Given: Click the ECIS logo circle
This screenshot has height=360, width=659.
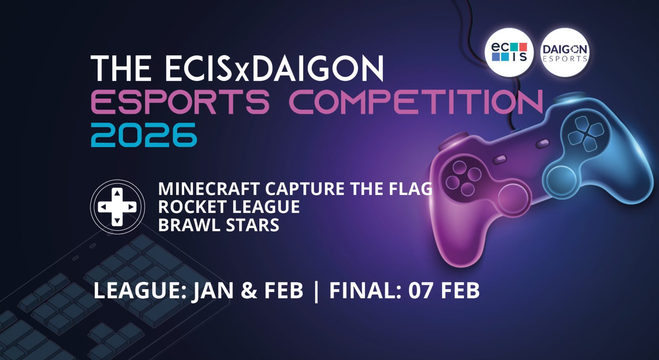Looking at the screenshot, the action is coord(509,53).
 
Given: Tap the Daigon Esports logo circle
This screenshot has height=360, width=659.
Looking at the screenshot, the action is coord(564,53).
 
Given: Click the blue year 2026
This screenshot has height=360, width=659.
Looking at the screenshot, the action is coord(144,135).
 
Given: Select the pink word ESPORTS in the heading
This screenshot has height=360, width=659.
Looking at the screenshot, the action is coord(180,102).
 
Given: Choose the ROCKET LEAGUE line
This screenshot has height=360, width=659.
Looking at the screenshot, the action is coord(229,207).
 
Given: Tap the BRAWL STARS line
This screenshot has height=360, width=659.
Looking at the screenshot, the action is coord(219,225).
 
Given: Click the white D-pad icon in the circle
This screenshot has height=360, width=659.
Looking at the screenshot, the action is coord(117,207).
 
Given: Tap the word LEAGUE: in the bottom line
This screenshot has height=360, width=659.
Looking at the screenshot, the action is coord(140,291).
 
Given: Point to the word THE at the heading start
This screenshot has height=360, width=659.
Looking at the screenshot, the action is coord(120,69).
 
